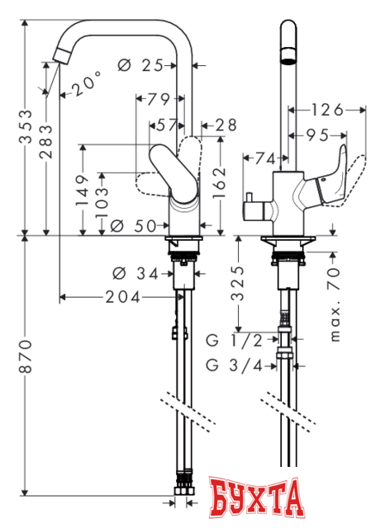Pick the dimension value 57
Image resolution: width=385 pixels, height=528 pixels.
pyautogui.click(x=165, y=125)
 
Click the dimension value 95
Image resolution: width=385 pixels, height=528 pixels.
pyautogui.click(x=317, y=134)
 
